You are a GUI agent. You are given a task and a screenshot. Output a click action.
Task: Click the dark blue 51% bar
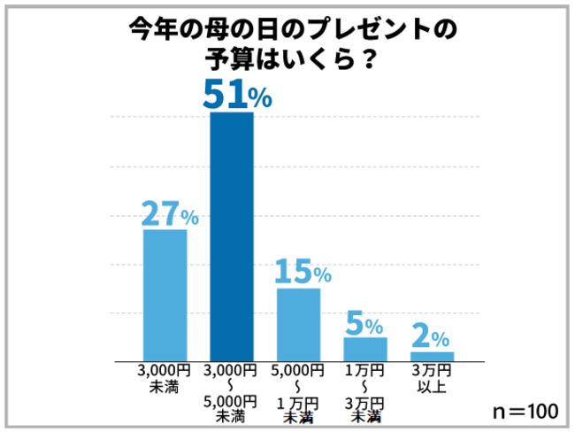[231, 236]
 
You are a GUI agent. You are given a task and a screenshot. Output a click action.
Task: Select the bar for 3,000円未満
[165, 295]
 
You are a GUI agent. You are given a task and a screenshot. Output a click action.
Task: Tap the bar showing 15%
[298, 324]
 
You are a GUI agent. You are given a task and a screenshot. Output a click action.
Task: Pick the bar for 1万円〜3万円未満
[364, 349]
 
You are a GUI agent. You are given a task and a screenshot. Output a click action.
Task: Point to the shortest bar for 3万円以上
[432, 356]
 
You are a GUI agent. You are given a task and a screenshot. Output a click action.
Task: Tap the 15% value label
[302, 271]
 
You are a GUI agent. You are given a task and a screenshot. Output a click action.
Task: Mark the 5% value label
[364, 322]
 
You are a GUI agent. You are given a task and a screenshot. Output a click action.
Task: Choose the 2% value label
[431, 336]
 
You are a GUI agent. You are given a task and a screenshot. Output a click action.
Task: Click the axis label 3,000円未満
[165, 378]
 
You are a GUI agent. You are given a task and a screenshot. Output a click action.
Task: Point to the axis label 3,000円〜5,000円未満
[231, 392]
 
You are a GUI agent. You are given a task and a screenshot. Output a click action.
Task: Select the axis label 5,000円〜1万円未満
[298, 392]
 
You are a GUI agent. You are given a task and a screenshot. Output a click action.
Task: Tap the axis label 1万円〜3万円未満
[364, 392]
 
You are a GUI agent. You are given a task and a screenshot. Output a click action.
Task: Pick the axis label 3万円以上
[432, 378]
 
